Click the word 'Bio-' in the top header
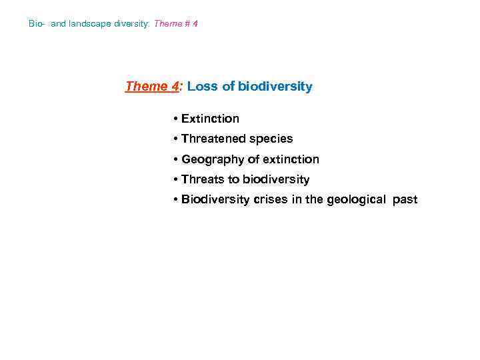(x=37, y=24)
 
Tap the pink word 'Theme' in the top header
(x=167, y=24)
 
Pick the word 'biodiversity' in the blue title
(x=275, y=87)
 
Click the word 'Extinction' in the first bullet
(x=210, y=119)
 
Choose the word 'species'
(x=271, y=139)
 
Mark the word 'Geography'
(x=211, y=159)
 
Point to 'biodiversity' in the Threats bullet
(x=276, y=179)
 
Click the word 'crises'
(x=271, y=199)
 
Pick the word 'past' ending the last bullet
(x=405, y=199)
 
